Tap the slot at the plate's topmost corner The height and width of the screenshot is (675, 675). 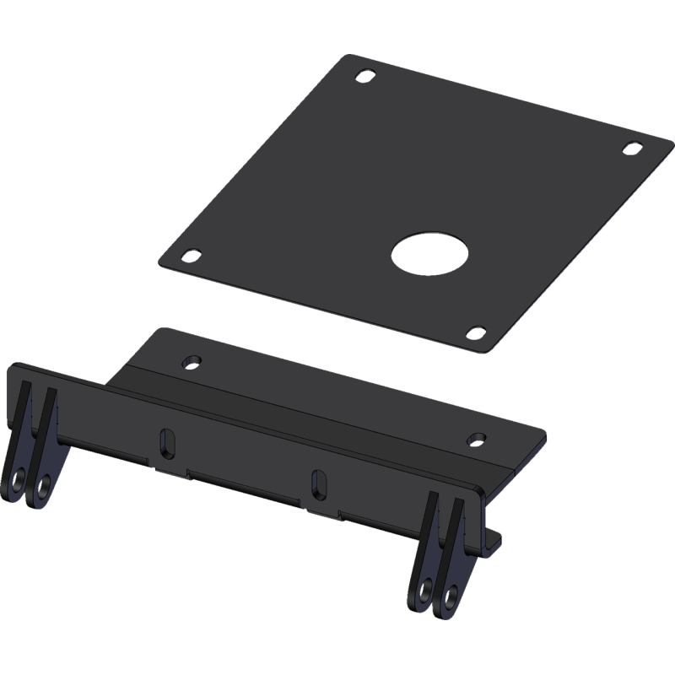pos(363,75)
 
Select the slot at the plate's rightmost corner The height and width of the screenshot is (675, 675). pos(630,147)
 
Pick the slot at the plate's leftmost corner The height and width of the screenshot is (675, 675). pos(192,252)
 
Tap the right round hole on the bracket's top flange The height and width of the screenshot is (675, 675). pos(477,439)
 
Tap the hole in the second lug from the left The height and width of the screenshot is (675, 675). pos(40,487)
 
